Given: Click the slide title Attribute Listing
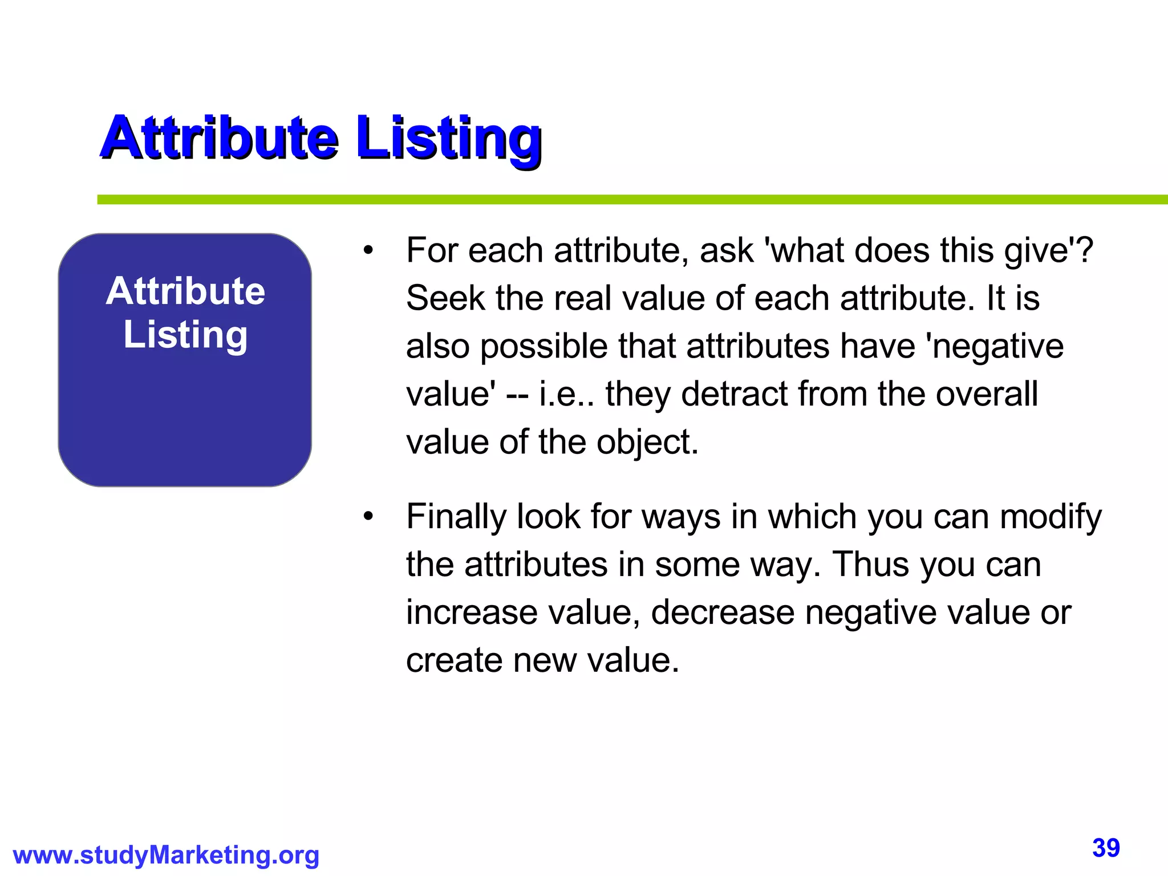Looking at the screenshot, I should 321,139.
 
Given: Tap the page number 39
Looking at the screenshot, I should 1106,848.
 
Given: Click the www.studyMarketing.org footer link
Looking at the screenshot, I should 166,855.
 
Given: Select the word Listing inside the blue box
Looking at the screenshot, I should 185,335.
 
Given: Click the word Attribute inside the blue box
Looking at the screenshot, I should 185,291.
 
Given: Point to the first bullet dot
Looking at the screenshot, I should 368,250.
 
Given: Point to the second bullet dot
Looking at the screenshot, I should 368,517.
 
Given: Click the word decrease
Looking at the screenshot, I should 723,613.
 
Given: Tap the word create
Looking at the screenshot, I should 454,660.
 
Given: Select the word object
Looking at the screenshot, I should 647,443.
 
